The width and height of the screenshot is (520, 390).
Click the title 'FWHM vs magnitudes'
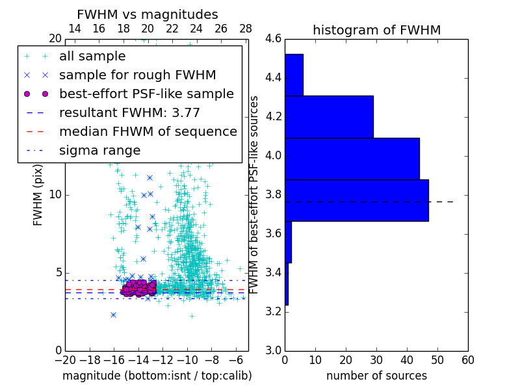coord(147,15)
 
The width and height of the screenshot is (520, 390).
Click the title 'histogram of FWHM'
coord(376,30)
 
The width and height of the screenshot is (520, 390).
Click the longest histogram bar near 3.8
coord(356,200)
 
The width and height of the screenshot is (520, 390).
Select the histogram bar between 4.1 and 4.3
coord(329,117)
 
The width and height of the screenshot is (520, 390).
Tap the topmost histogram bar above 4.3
coord(294,75)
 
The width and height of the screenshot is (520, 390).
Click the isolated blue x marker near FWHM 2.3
coord(113,315)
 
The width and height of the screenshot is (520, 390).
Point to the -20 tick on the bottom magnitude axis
coord(65,359)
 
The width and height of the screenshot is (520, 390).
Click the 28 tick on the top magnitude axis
coord(246,29)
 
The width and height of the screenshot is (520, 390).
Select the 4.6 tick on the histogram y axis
coord(273,39)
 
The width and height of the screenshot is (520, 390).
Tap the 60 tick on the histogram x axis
coord(467,359)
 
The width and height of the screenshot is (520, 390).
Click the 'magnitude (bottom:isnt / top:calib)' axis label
coord(157,376)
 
